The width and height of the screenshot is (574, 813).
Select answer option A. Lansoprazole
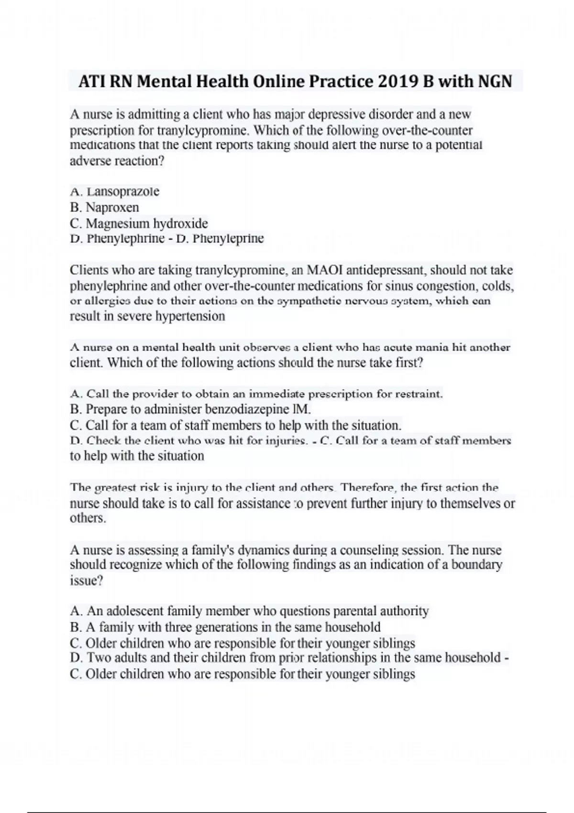click(115, 192)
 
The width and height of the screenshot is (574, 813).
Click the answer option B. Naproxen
click(105, 208)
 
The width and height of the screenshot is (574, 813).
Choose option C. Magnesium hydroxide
click(139, 223)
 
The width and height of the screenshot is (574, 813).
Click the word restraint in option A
click(419, 394)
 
